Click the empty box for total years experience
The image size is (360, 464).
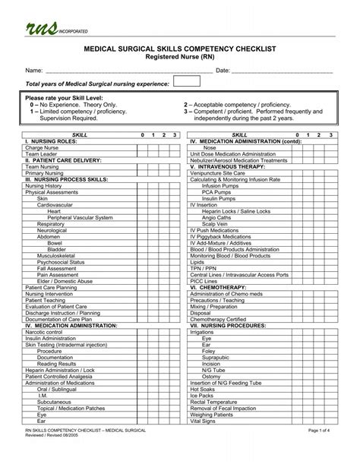coord(186,82)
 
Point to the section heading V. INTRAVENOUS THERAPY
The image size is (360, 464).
coord(232,166)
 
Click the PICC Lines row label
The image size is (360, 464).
coord(208,281)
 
